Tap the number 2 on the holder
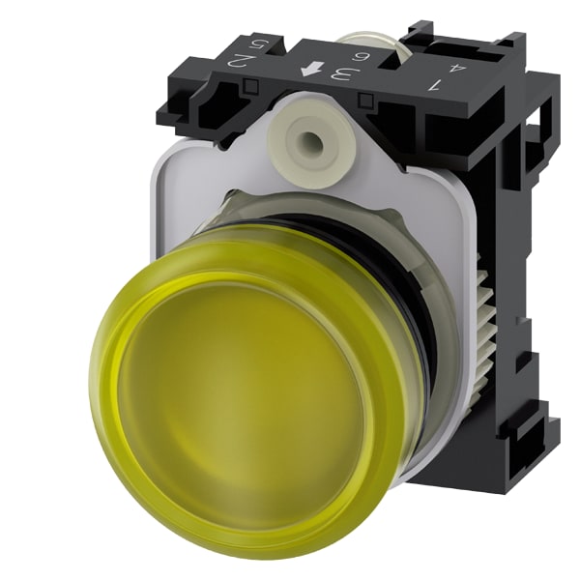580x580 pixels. click(x=249, y=60)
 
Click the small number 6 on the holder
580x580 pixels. click(x=358, y=57)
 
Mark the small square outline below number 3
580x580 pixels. click(x=366, y=100)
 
